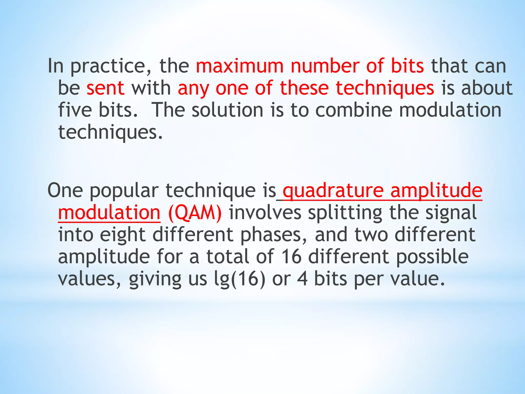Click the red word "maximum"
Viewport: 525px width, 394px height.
[240, 66]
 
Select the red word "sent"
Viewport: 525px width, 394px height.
[105, 88]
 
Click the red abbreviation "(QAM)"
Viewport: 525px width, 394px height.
[195, 213]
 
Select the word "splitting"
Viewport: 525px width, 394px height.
[345, 213]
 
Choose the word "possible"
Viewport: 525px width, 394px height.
[432, 257]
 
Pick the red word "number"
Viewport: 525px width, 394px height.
[325, 66]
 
